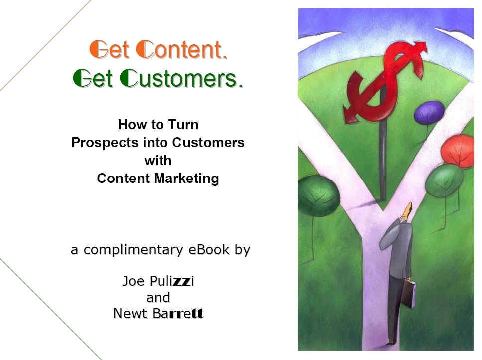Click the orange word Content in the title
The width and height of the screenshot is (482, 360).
point(181,49)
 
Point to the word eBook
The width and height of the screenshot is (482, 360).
point(209,249)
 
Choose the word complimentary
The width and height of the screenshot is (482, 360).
point(133,250)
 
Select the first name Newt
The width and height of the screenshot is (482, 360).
point(130,313)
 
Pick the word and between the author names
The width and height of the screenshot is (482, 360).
point(158,297)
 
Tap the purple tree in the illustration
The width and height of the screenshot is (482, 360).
point(429,111)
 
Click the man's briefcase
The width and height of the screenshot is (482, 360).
point(409,293)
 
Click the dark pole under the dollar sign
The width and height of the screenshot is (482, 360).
point(383,160)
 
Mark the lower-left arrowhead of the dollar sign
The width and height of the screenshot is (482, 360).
point(350,114)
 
